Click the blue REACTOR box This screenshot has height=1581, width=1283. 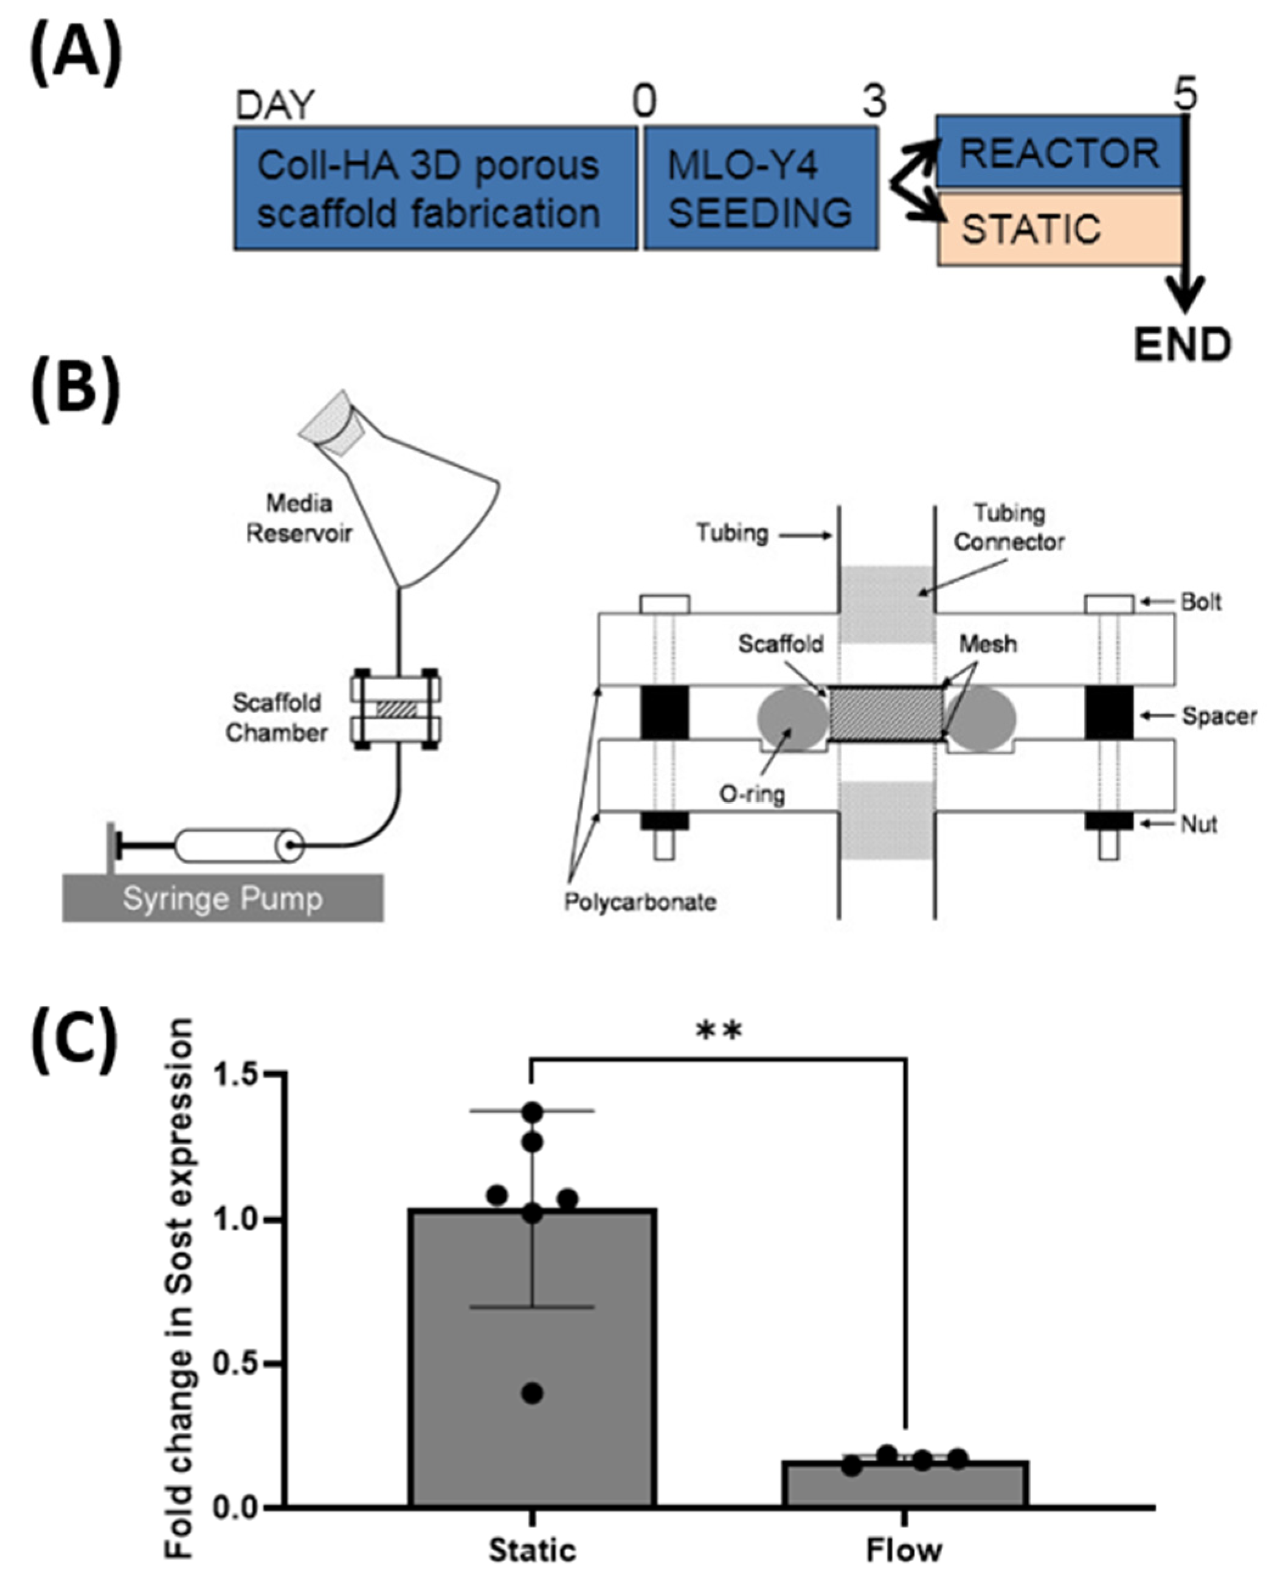1059,152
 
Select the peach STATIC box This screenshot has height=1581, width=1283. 1059,229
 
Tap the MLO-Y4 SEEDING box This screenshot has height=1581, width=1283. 759,189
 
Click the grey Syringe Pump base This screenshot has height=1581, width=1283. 223,898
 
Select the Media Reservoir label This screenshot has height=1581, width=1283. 299,518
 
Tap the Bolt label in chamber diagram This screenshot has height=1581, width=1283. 1200,602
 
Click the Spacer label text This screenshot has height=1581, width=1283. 1219,716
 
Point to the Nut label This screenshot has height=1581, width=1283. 1198,824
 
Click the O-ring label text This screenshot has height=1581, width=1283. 752,794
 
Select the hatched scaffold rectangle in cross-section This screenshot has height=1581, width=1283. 886,714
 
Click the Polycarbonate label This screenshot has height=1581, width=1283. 640,902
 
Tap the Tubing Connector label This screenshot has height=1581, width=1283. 1009,527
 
